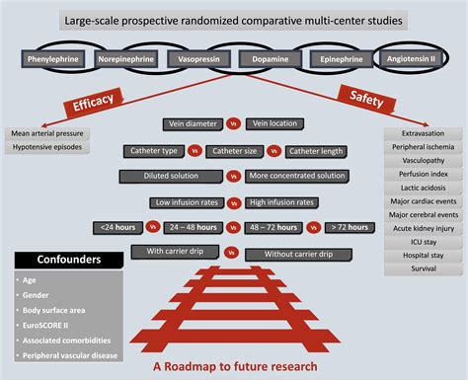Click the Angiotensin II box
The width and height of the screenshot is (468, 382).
tap(415, 59)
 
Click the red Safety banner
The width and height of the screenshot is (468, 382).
tap(367, 99)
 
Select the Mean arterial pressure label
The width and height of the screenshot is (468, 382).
tap(48, 132)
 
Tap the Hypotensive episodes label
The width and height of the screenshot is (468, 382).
tap(47, 148)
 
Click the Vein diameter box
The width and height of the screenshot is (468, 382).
tap(194, 125)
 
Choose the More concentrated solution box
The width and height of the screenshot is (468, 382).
tap(297, 177)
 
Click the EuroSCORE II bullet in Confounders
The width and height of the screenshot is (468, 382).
tap(50, 321)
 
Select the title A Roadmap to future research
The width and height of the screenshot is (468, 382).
tap(235, 367)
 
